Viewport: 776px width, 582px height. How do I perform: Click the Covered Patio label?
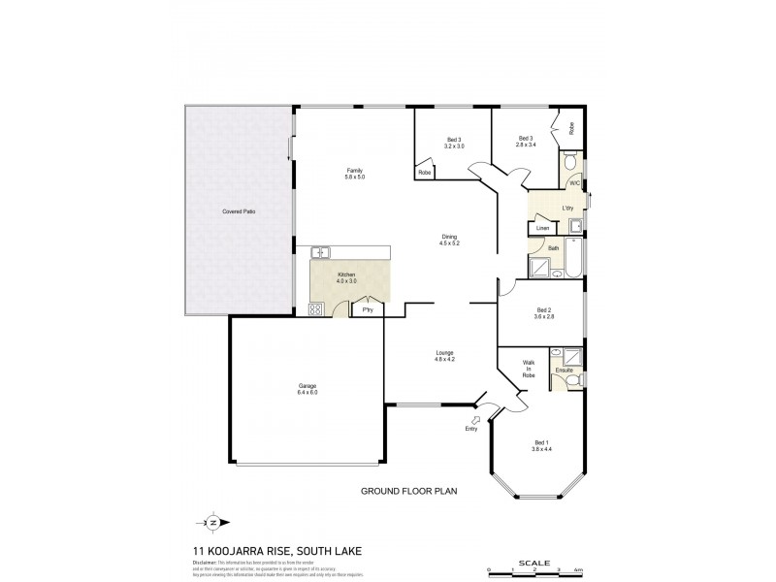click(x=239, y=211)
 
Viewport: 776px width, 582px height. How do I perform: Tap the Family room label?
click(x=354, y=174)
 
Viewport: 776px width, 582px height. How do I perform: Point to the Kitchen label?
click(x=346, y=277)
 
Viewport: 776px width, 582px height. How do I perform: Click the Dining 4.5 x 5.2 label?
click(x=449, y=240)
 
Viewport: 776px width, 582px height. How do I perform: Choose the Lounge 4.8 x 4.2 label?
click(x=444, y=356)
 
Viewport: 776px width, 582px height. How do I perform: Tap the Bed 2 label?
click(x=542, y=313)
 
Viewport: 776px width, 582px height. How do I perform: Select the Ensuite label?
click(x=564, y=371)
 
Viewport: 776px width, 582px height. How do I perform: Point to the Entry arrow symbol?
click(x=473, y=421)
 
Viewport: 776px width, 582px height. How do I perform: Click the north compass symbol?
click(x=212, y=522)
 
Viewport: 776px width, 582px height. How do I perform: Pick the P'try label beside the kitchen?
click(x=368, y=309)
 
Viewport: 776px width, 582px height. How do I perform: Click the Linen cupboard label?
click(x=542, y=228)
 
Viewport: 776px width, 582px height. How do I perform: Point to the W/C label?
click(x=573, y=182)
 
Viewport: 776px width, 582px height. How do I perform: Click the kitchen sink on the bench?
click(x=321, y=252)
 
